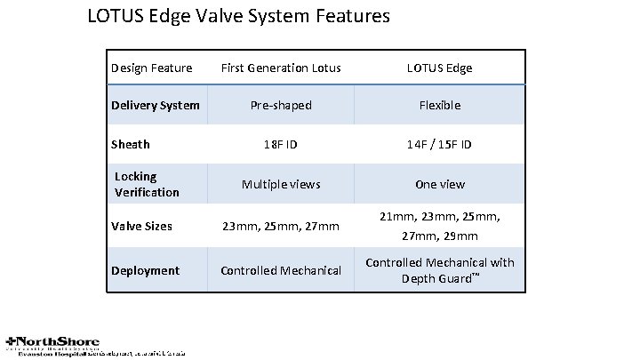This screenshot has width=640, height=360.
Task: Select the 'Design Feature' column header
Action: (151, 68)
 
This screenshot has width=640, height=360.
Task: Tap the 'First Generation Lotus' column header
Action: (281, 68)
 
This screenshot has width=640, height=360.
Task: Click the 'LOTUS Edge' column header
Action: (440, 68)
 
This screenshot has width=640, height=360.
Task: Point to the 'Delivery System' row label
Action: (155, 105)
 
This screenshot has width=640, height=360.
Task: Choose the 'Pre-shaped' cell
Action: (281, 105)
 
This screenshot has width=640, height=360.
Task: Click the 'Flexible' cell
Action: (440, 105)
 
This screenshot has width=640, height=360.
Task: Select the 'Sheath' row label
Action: (130, 144)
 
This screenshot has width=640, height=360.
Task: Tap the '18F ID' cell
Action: (281, 144)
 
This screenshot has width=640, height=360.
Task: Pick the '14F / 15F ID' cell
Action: (440, 144)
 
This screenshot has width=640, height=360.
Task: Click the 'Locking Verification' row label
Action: (147, 184)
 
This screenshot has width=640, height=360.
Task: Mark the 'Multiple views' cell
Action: (281, 184)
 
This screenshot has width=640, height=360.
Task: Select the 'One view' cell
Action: (440, 184)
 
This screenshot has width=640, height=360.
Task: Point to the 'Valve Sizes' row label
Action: (141, 226)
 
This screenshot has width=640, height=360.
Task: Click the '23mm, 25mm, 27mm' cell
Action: (281, 226)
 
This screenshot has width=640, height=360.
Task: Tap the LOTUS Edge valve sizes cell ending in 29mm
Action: (440, 226)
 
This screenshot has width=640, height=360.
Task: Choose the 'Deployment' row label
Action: (145, 270)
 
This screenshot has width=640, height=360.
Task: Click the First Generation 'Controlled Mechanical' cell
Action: (281, 270)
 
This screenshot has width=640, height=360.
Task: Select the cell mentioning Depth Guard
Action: (440, 270)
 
